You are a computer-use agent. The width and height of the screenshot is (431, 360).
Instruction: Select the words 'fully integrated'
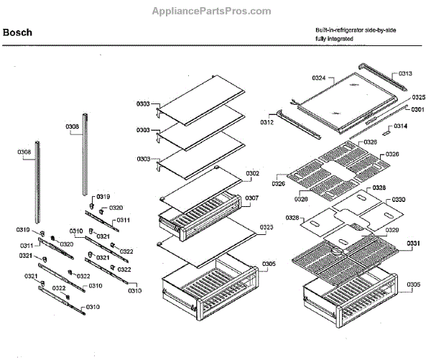[334, 38]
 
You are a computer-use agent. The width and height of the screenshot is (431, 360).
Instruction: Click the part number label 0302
[252, 173]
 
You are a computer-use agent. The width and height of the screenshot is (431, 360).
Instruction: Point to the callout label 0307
[252, 198]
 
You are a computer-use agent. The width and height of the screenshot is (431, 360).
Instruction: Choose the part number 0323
[266, 227]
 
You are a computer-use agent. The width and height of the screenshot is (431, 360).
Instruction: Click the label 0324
[319, 77]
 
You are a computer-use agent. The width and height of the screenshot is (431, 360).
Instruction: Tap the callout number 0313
[406, 74]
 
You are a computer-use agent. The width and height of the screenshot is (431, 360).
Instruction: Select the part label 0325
[418, 97]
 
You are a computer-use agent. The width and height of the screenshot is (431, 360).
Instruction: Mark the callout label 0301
[418, 109]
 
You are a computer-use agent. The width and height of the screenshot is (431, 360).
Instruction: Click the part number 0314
[400, 126]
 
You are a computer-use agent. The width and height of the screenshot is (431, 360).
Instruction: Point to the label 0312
[267, 122]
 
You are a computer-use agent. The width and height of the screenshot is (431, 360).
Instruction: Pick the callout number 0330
[398, 199]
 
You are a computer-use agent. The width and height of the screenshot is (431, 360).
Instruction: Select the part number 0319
[103, 196]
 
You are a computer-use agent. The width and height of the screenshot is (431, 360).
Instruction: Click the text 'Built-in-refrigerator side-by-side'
[356, 29]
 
